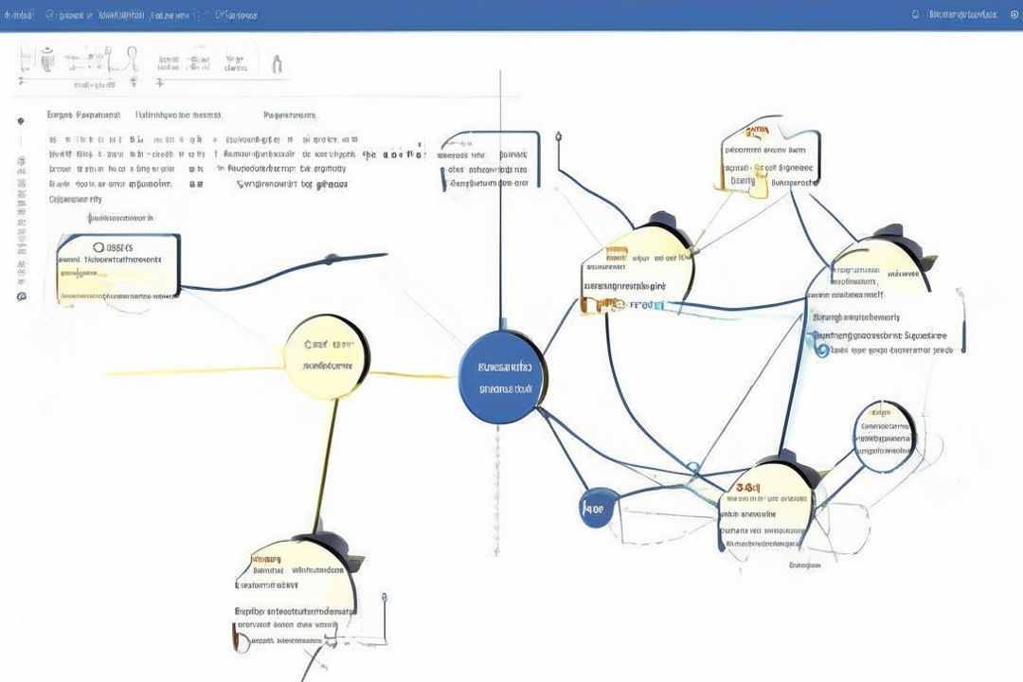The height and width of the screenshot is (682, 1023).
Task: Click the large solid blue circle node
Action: click(501, 377)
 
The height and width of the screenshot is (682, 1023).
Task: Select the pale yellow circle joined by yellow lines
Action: click(327, 355)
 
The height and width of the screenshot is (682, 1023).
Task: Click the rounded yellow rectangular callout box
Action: click(117, 266)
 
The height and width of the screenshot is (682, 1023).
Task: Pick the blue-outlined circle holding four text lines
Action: click(885, 436)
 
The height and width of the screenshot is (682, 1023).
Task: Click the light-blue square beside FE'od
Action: click(659, 305)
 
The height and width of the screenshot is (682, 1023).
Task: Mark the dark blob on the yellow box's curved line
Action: click(332, 258)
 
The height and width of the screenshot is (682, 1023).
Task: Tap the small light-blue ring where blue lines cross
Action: click(692, 467)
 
